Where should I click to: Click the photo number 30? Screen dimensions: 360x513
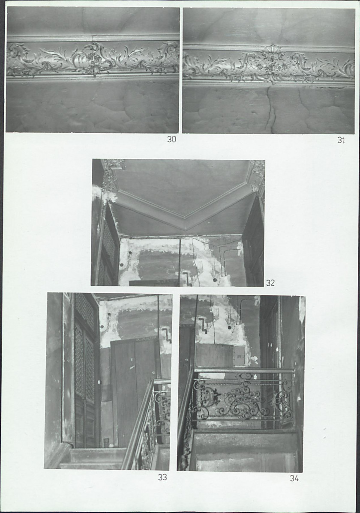[x=172, y=139]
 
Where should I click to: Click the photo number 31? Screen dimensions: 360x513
[x=341, y=140]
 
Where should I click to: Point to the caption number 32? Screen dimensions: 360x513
[x=270, y=283]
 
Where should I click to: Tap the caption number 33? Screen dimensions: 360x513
[x=162, y=477]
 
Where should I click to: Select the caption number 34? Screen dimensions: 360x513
[x=294, y=478]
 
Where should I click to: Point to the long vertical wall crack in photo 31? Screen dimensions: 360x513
[x=270, y=108]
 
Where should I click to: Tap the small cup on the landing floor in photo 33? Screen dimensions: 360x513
[x=106, y=443]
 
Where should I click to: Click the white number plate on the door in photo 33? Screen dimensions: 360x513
[x=132, y=359]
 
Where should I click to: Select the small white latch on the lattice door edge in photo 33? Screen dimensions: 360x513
[x=99, y=382]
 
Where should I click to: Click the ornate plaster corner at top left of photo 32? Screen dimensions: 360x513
[x=111, y=173]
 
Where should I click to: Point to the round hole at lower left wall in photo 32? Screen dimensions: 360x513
[x=122, y=264]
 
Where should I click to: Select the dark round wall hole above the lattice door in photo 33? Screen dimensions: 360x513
[x=109, y=315]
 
